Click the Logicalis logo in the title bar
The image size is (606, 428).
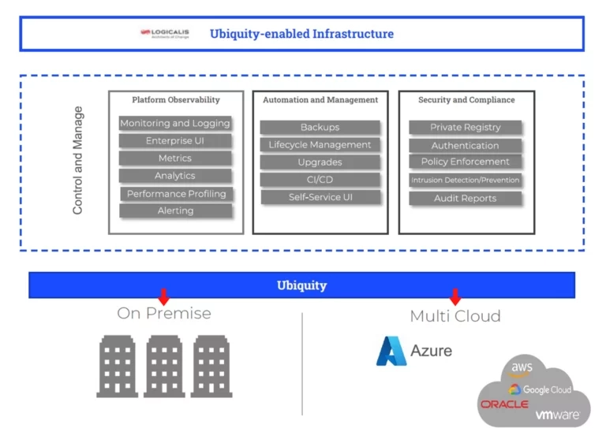click(x=164, y=34)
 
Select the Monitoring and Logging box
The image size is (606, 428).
click(x=175, y=123)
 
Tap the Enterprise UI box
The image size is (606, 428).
click(x=175, y=141)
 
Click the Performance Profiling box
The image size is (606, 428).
click(x=176, y=194)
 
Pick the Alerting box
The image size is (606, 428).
click(x=175, y=211)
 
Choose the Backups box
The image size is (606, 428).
click(x=320, y=127)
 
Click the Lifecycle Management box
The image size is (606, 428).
click(x=320, y=145)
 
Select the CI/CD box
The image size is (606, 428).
click(x=320, y=180)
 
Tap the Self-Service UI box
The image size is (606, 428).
click(x=320, y=197)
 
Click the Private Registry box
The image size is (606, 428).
click(x=466, y=127)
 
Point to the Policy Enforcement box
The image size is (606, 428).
click(x=466, y=162)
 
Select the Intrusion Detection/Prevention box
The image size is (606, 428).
click(x=466, y=181)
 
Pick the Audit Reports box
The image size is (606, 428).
click(x=466, y=199)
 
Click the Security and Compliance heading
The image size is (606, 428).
click(x=466, y=100)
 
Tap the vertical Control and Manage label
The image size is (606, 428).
click(x=77, y=161)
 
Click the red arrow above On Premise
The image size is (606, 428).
click(x=163, y=296)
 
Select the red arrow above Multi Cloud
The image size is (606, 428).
click(x=454, y=296)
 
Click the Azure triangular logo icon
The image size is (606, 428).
click(x=390, y=351)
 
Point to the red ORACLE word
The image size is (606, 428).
click(x=503, y=404)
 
